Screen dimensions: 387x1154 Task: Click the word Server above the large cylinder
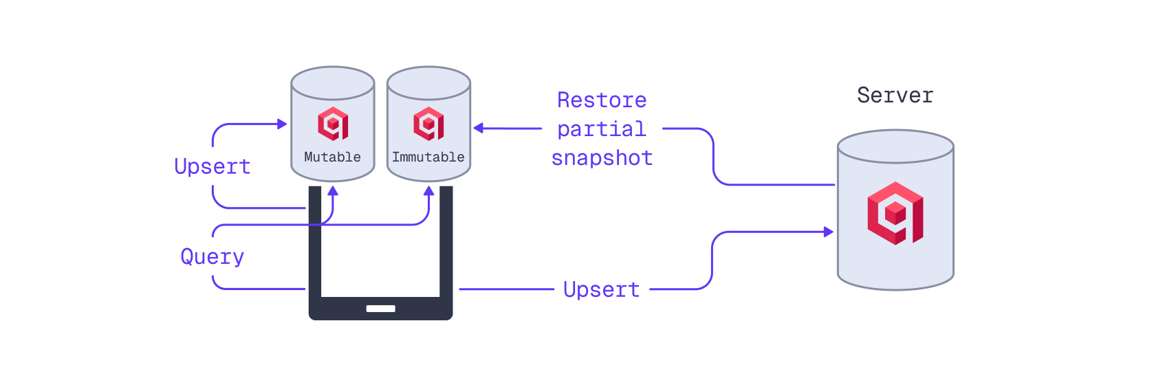tap(895, 95)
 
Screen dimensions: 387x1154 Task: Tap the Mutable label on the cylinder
tap(332, 157)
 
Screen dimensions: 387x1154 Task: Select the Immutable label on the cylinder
tap(428, 157)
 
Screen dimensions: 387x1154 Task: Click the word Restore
tap(602, 100)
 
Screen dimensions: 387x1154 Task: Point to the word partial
tap(602, 129)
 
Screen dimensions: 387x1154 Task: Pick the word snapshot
tap(602, 157)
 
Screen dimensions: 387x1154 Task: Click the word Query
tap(212, 256)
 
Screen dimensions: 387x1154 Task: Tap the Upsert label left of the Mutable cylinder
tap(212, 166)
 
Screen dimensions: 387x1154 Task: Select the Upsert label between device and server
tap(602, 289)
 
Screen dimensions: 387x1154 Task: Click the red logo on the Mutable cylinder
tap(333, 124)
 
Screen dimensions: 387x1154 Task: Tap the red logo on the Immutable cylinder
tap(428, 124)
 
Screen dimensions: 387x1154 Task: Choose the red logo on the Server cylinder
tap(895, 213)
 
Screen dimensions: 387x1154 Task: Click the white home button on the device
tap(380, 309)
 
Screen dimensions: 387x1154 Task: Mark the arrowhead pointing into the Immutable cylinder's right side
tap(479, 128)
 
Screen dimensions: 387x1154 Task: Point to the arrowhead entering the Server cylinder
tap(829, 232)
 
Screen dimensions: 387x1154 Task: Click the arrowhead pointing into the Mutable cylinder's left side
tap(282, 124)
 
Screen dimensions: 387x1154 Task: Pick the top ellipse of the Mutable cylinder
tap(333, 83)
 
